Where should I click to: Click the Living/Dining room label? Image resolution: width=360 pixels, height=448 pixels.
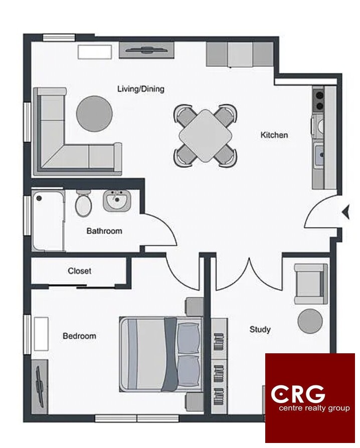[141, 89]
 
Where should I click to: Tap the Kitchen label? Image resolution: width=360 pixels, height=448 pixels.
[274, 135]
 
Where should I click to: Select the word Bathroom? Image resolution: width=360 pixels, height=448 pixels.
[104, 231]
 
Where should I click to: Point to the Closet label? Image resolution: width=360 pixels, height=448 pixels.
[80, 271]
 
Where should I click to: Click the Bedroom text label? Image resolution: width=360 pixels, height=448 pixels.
[79, 336]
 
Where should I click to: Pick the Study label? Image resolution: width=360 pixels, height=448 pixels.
[260, 329]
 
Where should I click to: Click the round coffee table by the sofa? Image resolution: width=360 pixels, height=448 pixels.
[94, 114]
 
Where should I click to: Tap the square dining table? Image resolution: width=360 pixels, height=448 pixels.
[205, 136]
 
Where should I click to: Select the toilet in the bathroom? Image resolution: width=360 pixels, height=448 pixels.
[83, 202]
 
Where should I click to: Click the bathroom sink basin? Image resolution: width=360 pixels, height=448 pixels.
[117, 200]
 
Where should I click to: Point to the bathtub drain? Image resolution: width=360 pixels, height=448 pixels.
[39, 198]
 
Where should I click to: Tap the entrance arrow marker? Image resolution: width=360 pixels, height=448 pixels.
[346, 212]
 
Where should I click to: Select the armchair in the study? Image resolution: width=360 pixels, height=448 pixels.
[311, 284]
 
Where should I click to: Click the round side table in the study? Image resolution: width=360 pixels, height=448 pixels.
[310, 321]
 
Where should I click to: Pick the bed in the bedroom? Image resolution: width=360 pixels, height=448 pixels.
[161, 354]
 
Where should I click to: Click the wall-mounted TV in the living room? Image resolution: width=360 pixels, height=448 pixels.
[146, 50]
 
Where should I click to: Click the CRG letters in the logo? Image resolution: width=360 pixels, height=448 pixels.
[298, 394]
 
